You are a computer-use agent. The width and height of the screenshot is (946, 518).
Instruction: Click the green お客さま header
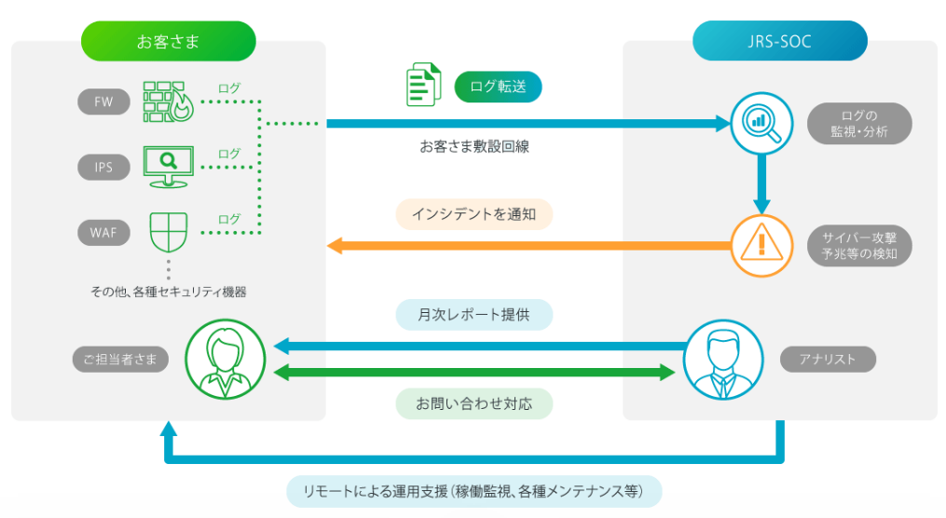[168, 41]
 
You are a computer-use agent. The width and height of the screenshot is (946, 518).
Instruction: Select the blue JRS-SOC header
[779, 41]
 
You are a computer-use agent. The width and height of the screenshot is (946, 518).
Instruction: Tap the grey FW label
[103, 102]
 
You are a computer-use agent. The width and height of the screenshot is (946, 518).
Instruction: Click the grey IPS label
[103, 168]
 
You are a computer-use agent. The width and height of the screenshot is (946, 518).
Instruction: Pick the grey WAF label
[103, 232]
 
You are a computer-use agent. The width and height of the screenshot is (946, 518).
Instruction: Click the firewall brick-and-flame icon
[168, 102]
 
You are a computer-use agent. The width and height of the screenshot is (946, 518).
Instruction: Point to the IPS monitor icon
[168, 166]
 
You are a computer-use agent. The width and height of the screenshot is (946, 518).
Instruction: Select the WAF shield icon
[169, 231]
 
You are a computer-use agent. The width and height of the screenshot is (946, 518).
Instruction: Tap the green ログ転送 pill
[498, 87]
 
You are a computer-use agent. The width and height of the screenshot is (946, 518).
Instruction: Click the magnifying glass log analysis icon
[761, 122]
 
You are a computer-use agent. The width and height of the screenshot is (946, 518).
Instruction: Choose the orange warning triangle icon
[761, 246]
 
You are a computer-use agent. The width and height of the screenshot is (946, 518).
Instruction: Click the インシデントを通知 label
[474, 214]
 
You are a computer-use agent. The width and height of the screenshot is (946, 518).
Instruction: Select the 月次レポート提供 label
[474, 314]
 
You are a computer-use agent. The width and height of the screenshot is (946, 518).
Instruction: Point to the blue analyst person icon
[722, 359]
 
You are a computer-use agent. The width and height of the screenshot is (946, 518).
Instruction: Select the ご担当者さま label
[120, 359]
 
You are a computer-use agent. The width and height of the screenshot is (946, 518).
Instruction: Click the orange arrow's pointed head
[334, 246]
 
